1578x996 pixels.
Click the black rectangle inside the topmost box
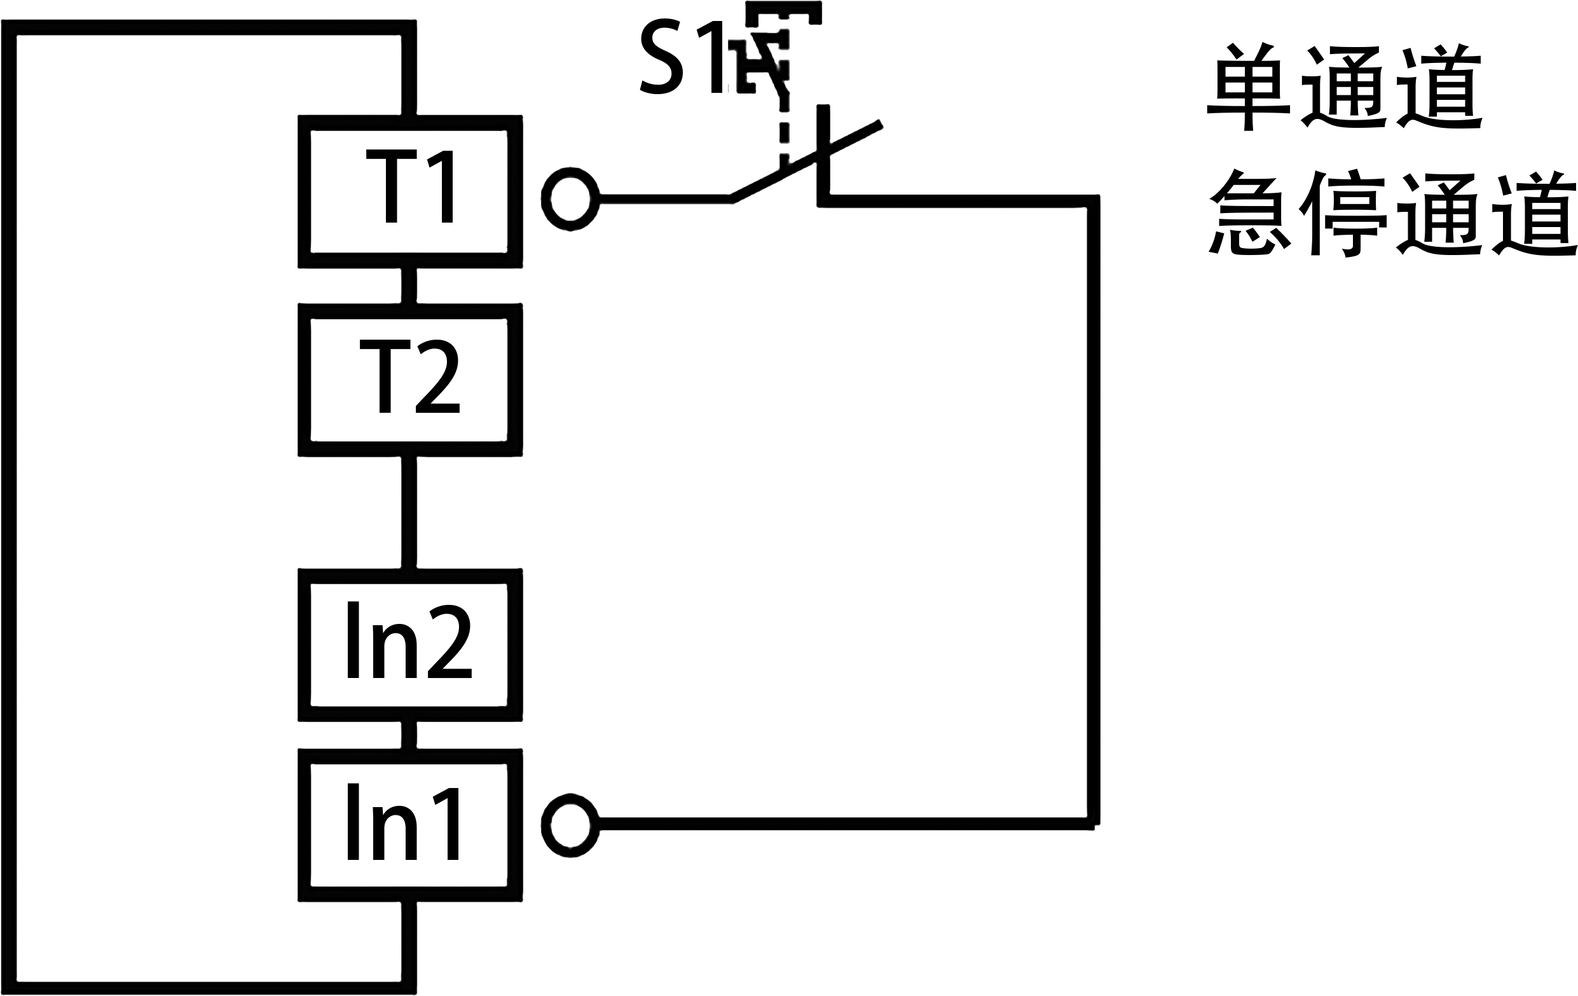[x=409, y=186]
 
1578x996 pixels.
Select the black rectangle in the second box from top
[x=409, y=377]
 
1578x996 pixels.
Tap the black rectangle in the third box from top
[x=409, y=639]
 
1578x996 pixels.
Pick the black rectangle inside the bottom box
[x=402, y=821]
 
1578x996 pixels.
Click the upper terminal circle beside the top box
[x=570, y=198]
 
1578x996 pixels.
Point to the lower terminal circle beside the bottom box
[x=570, y=826]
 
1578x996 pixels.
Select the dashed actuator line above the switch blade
[x=784, y=131]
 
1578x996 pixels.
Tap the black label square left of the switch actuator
[x=680, y=56]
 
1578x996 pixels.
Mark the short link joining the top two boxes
[x=409, y=285]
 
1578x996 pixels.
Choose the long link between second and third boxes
[x=409, y=512]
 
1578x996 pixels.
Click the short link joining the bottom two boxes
[x=409, y=735]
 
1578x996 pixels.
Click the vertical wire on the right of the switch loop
[x=1092, y=511]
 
